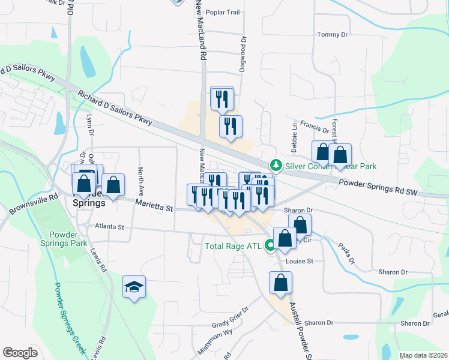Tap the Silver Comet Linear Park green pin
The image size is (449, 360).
click(276, 164)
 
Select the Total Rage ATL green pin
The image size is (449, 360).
click(270, 245)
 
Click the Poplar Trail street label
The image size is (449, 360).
click(223, 12)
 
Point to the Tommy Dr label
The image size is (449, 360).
click(333, 35)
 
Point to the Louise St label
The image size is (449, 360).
click(300, 261)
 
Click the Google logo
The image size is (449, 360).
click(20, 353)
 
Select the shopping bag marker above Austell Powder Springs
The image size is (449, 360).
click(280, 283)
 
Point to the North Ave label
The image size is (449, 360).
click(141, 181)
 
